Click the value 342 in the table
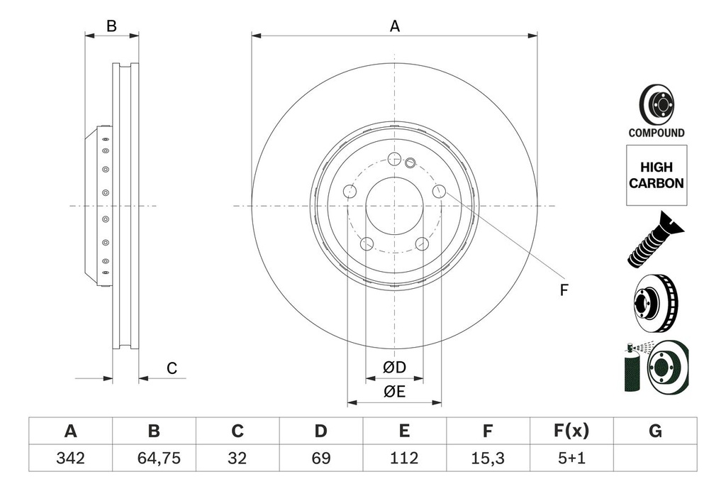coord(70,458)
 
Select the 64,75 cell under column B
coord(154,458)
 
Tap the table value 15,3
coord(487,458)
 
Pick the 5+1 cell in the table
coord(571,458)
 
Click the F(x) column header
coord(571,431)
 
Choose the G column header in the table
coord(655,431)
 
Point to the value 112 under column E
coord(404,458)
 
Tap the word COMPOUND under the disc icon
coord(656,133)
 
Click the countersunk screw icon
coord(654,239)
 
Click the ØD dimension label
coord(394,368)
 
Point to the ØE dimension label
coord(394,392)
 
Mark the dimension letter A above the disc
coord(395,26)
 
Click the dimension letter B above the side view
coord(111,26)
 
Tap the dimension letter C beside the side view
coord(172,368)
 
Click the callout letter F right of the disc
coord(564,290)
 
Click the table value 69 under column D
coord(320,458)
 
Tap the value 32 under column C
coord(238,458)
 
